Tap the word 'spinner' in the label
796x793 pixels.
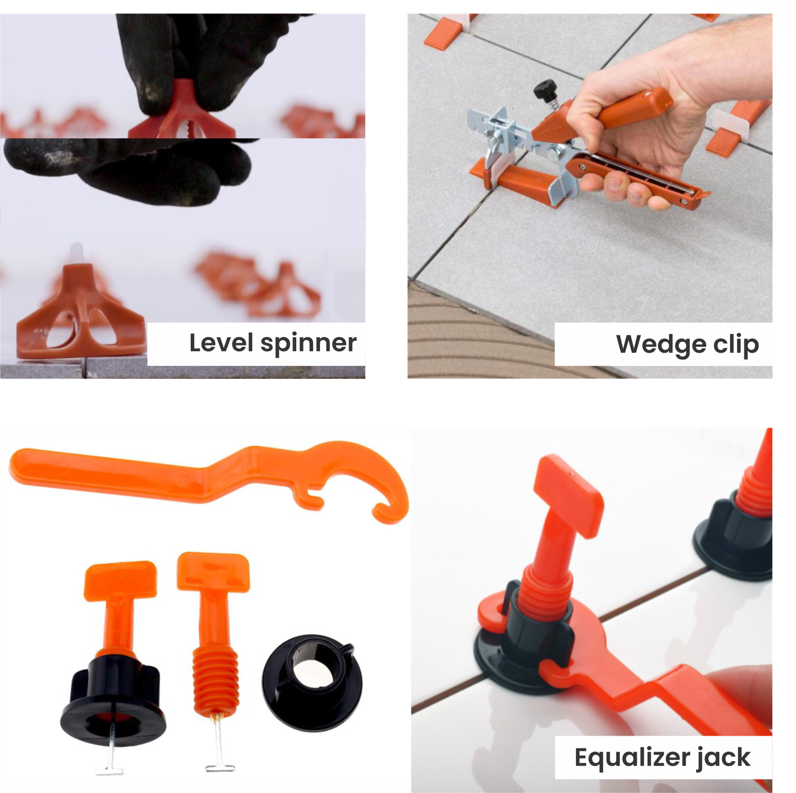[308, 344]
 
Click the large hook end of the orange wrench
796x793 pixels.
[393, 502]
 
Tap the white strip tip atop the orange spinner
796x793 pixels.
[77, 252]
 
